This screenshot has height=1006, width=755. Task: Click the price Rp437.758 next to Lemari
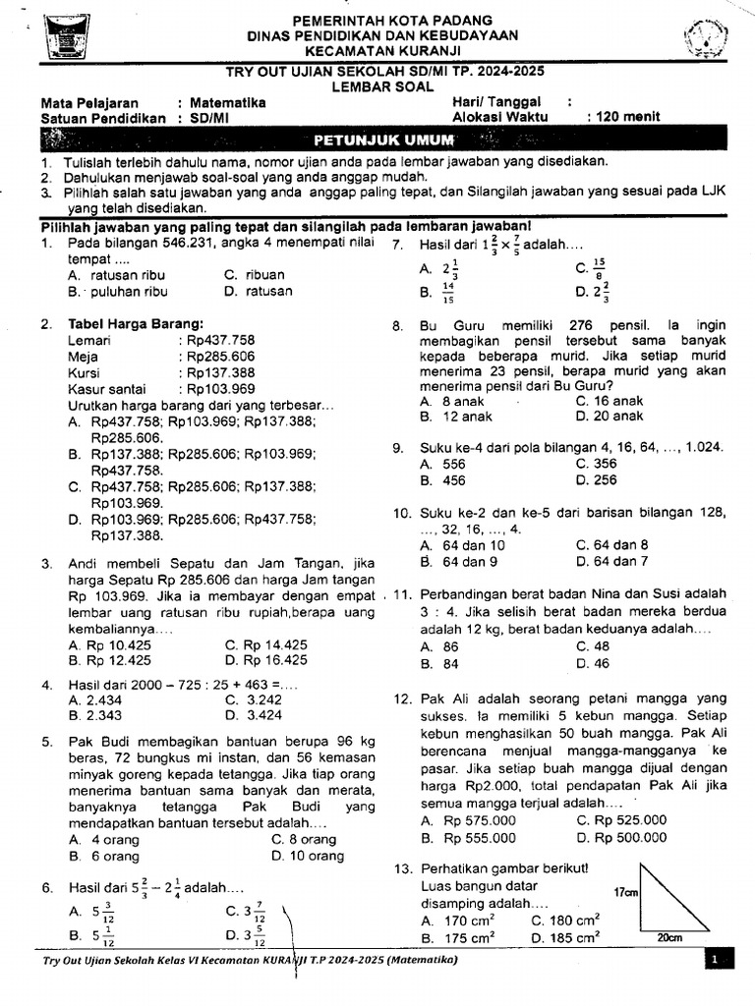click(x=221, y=340)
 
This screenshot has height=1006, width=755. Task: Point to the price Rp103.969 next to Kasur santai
click(x=221, y=389)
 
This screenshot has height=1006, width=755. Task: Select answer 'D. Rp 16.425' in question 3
click(x=265, y=660)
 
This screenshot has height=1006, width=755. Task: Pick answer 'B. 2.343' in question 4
click(x=95, y=715)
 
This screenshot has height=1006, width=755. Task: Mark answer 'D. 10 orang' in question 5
click(x=307, y=856)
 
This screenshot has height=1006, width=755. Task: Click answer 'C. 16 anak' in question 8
click(x=609, y=401)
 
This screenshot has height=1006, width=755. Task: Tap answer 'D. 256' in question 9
click(x=596, y=480)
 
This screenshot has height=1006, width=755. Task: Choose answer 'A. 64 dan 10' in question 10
click(x=462, y=545)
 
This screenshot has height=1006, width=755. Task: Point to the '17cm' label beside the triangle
click(x=626, y=893)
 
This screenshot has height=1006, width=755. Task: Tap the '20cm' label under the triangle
click(x=670, y=937)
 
